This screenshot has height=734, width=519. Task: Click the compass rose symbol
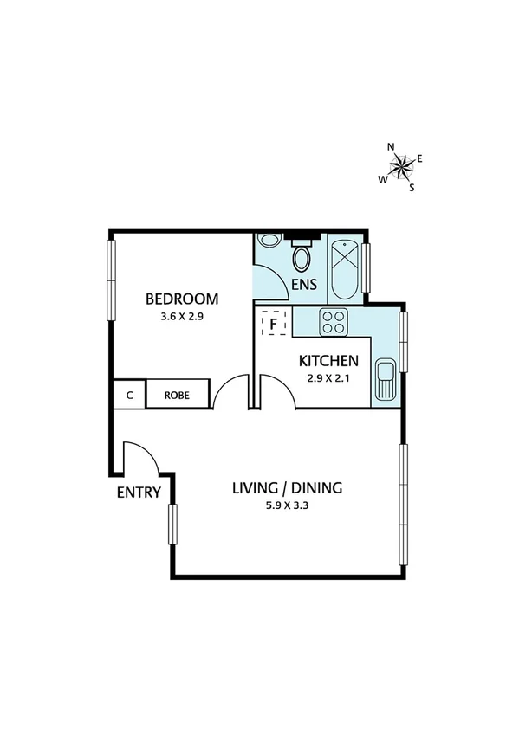click(x=401, y=165)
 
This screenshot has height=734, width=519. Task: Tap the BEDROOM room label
click(x=182, y=299)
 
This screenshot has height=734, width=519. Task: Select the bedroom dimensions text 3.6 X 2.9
click(x=182, y=317)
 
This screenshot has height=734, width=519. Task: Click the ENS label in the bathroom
click(x=305, y=284)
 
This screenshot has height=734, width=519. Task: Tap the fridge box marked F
click(x=274, y=325)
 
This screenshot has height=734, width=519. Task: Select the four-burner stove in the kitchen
click(x=334, y=322)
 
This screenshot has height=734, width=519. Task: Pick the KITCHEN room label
click(x=328, y=362)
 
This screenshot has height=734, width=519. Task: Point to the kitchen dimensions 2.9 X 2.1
click(x=328, y=378)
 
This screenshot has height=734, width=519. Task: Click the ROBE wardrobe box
click(x=178, y=395)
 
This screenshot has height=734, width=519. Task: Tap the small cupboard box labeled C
click(x=129, y=395)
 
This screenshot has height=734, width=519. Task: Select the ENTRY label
click(x=139, y=493)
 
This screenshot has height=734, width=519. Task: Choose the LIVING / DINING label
click(x=287, y=488)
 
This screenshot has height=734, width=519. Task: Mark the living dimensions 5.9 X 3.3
click(x=287, y=505)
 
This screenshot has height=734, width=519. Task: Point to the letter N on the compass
click(x=391, y=147)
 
